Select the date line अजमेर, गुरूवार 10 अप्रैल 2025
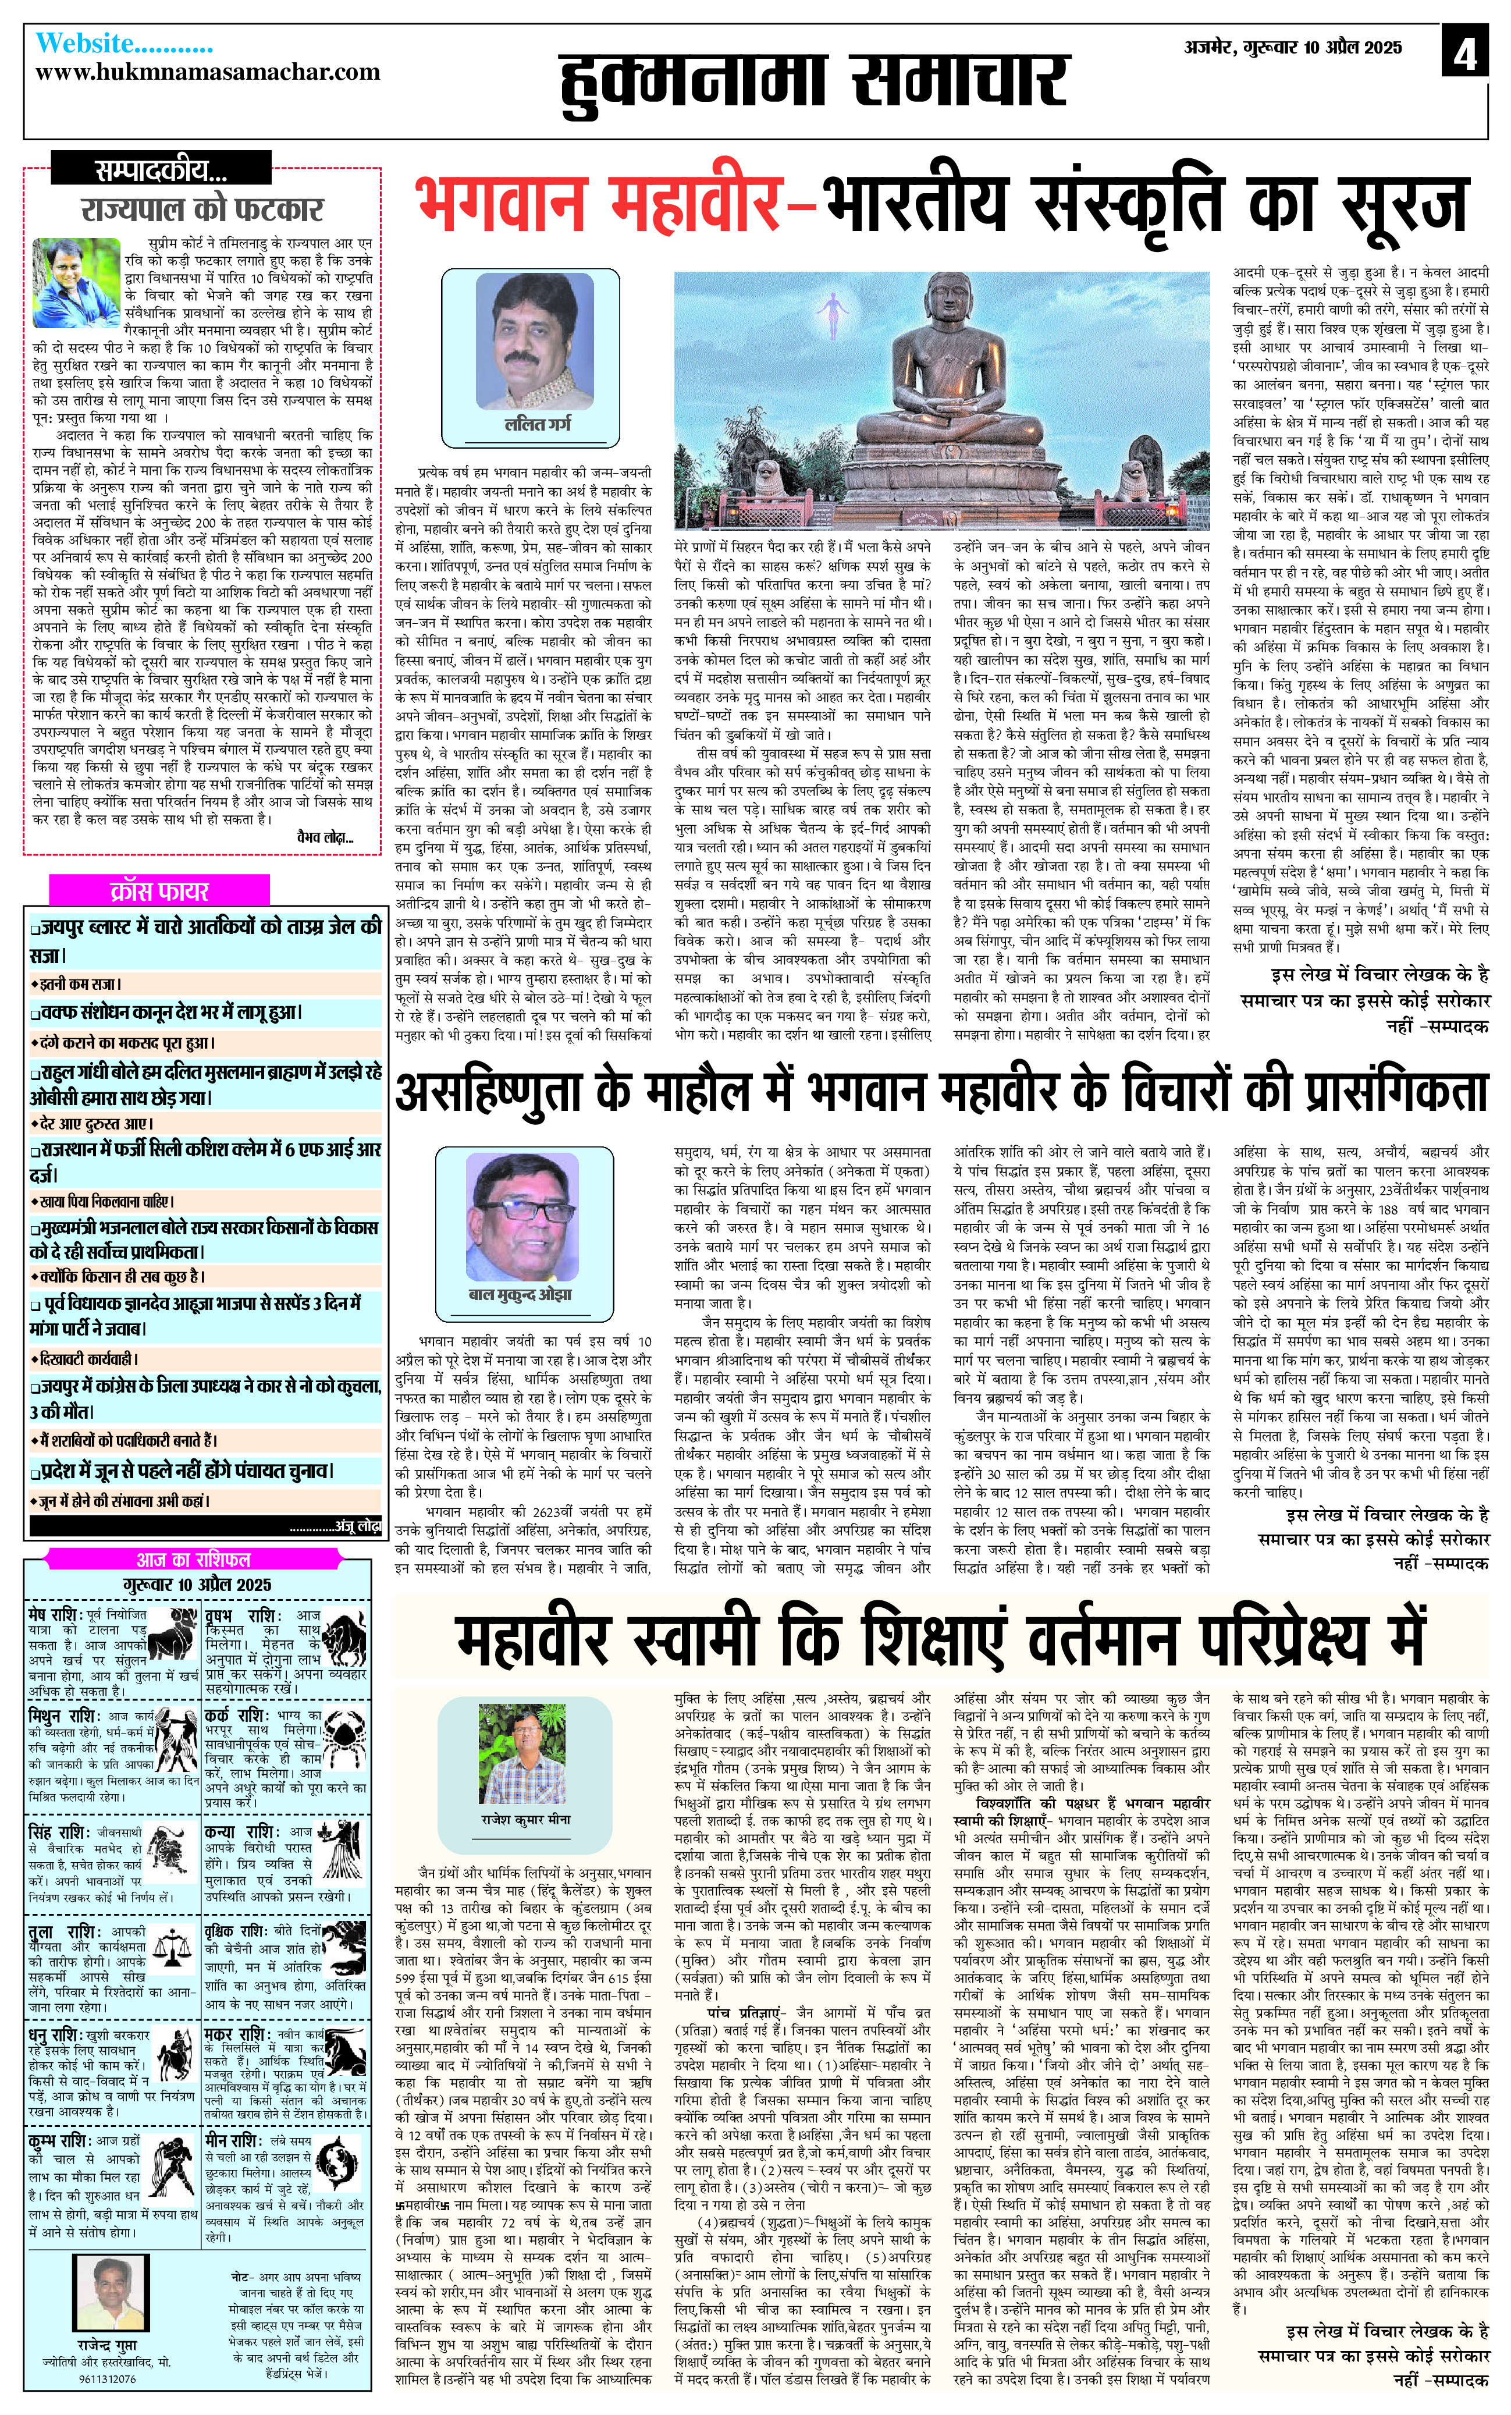(1293, 47)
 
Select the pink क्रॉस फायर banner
(160, 890)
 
